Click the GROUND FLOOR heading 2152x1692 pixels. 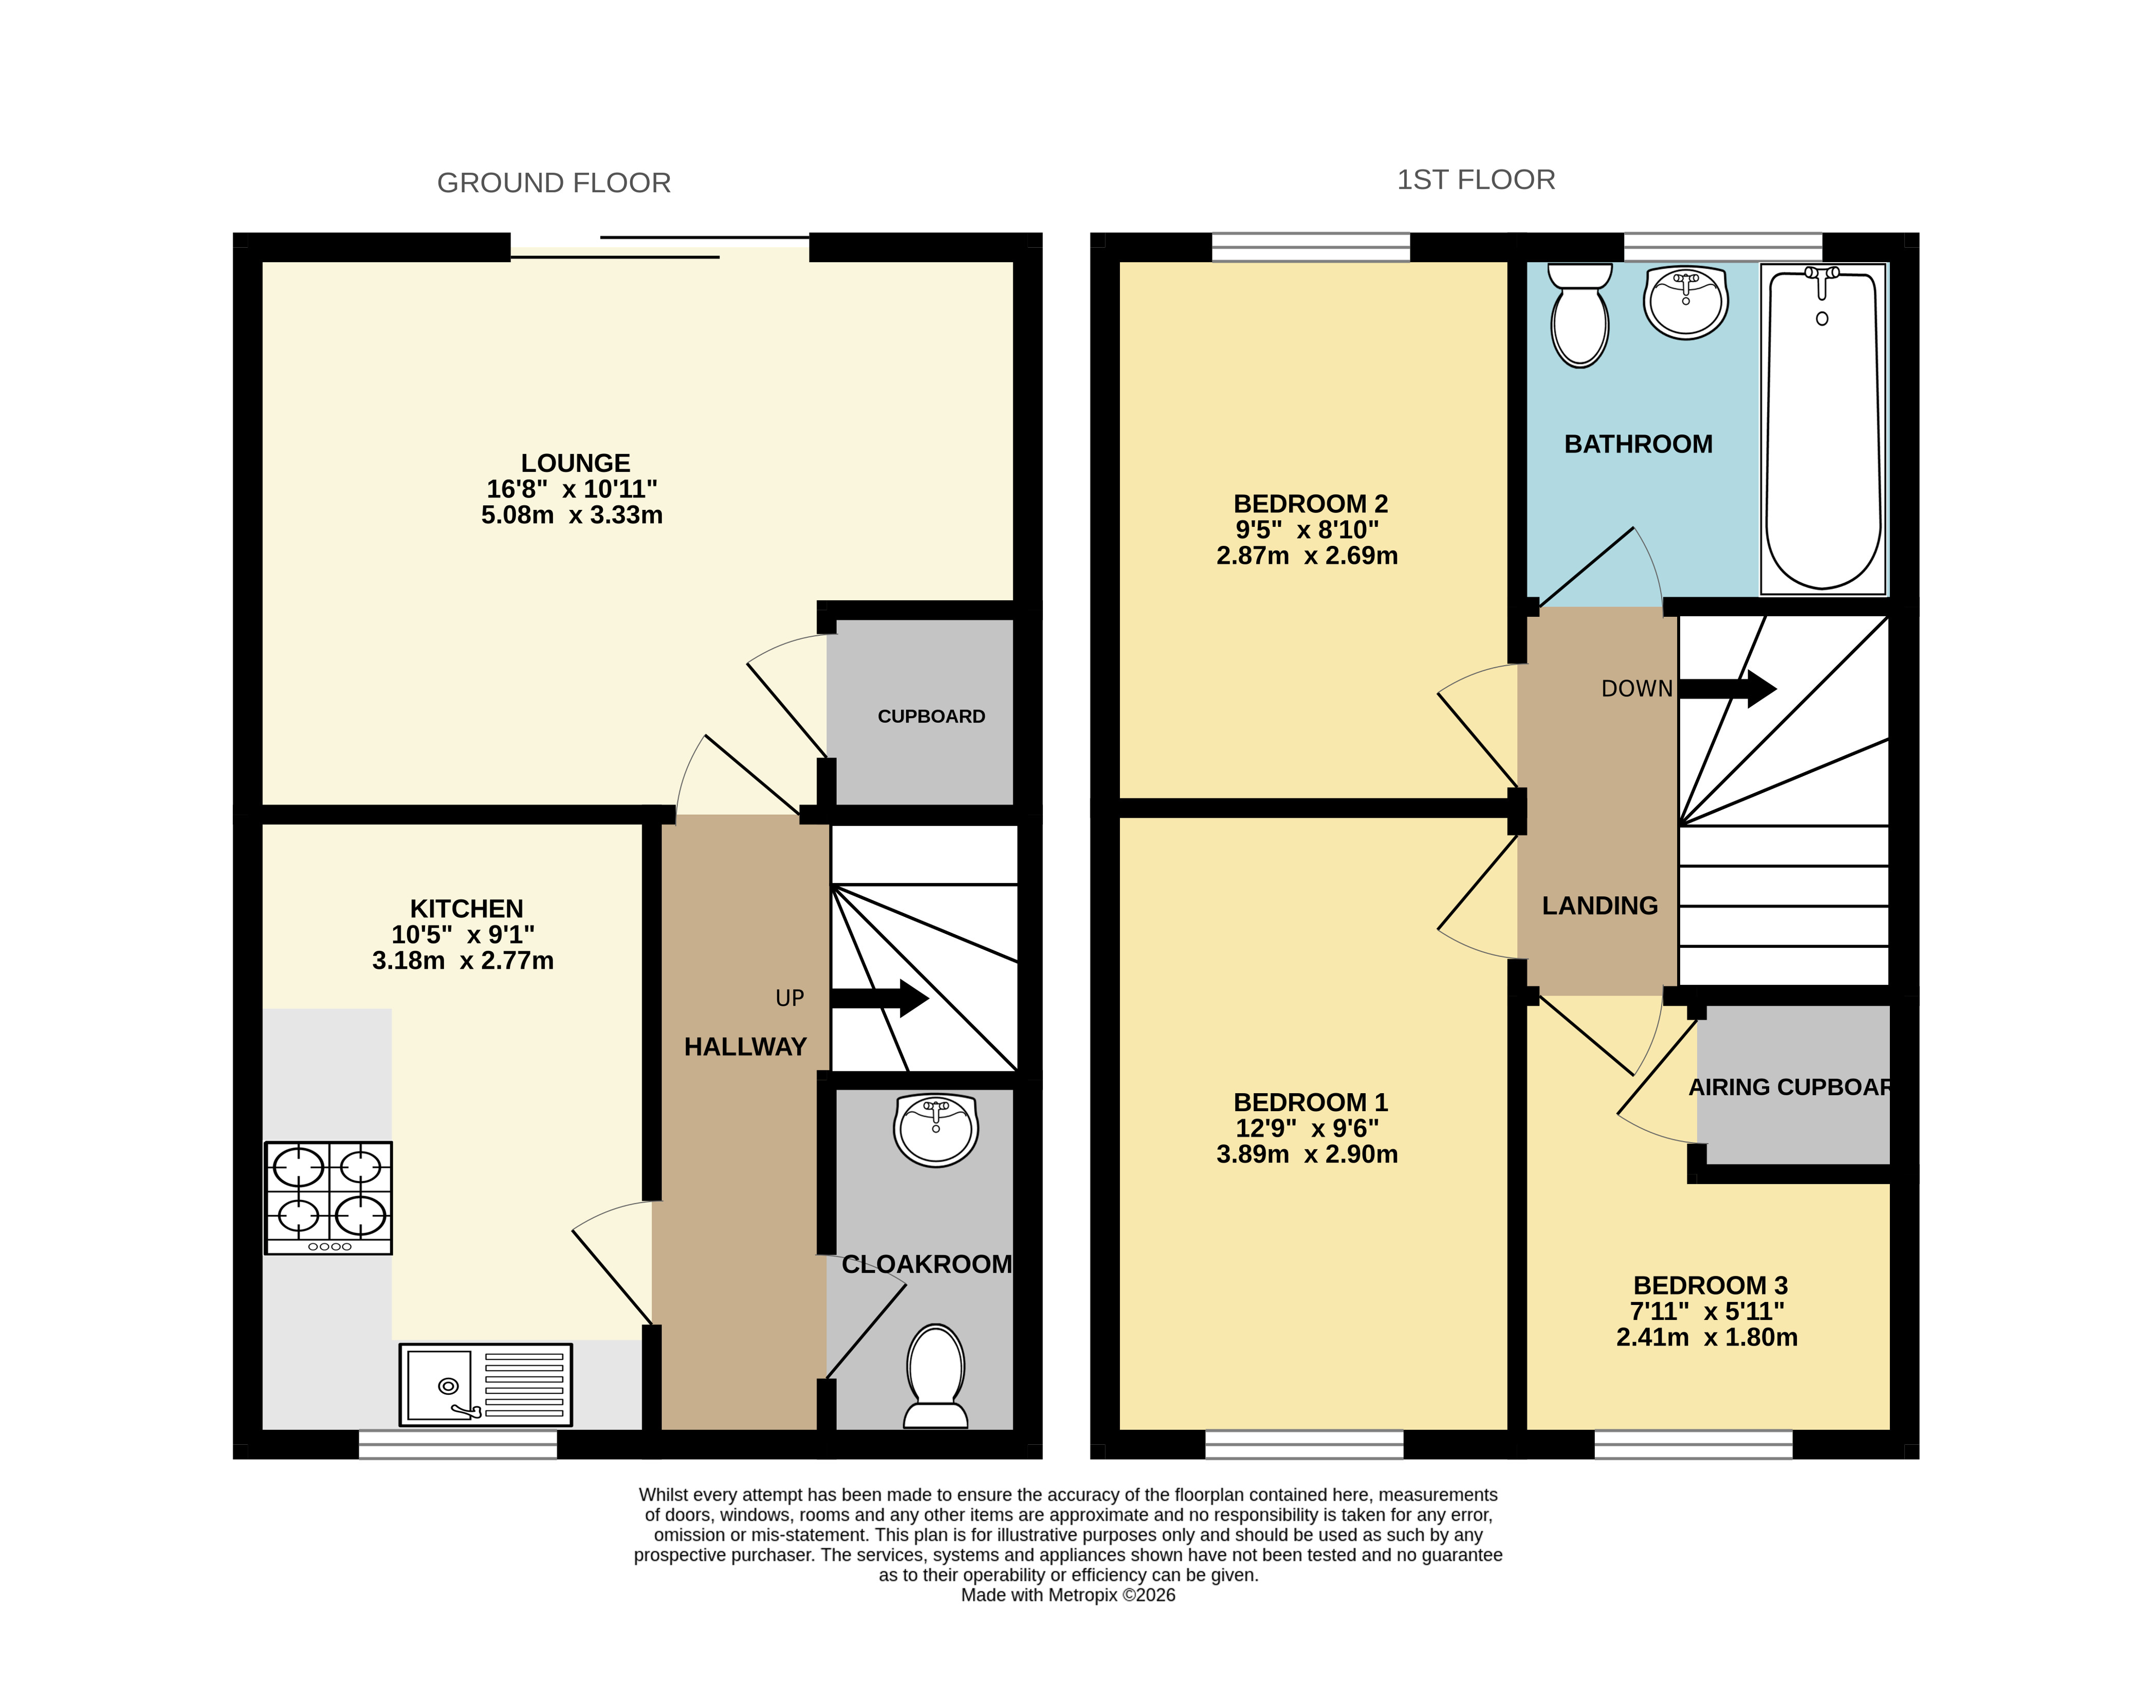554,183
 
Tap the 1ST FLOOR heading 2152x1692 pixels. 1475,180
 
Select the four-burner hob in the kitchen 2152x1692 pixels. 328,1198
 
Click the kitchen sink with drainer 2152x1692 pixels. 486,1384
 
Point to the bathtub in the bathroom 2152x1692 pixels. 1823,429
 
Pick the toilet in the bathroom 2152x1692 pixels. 1580,314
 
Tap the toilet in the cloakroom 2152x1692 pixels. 935,1376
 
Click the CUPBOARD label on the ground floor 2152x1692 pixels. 931,716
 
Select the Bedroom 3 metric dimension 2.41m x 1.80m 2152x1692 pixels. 1707,1337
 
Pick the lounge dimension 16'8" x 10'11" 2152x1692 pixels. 572,489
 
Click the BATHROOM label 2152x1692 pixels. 1639,444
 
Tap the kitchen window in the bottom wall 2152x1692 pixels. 458,1444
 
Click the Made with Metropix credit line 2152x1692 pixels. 1068,1595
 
